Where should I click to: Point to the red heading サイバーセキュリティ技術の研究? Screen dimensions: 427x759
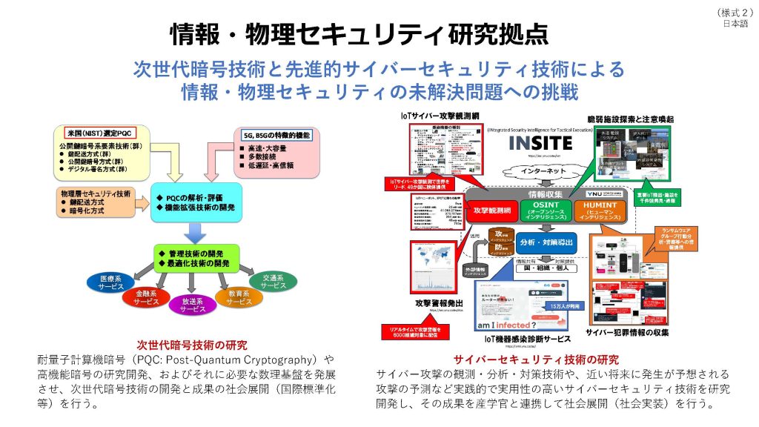point(536,360)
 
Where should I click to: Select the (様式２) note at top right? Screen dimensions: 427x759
point(733,12)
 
